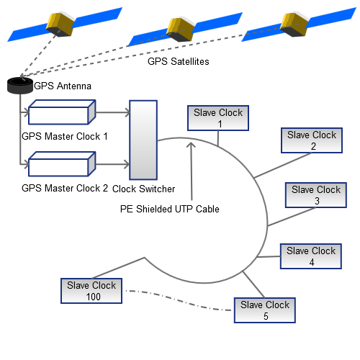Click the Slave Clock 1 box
click(x=218, y=118)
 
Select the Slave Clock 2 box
click(x=312, y=140)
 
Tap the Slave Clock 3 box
click(x=317, y=195)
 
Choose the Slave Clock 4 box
click(x=311, y=256)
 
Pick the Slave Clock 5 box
click(x=265, y=310)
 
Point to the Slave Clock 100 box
click(x=91, y=291)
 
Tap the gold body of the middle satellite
click(x=181, y=28)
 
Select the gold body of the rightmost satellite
click(x=296, y=23)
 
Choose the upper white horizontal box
click(x=61, y=112)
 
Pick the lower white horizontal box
click(x=61, y=164)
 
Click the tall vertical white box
click(x=143, y=140)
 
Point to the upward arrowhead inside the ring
click(x=191, y=145)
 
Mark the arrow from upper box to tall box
click(x=112, y=112)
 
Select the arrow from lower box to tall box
click(x=112, y=164)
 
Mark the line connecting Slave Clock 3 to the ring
click(x=278, y=215)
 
